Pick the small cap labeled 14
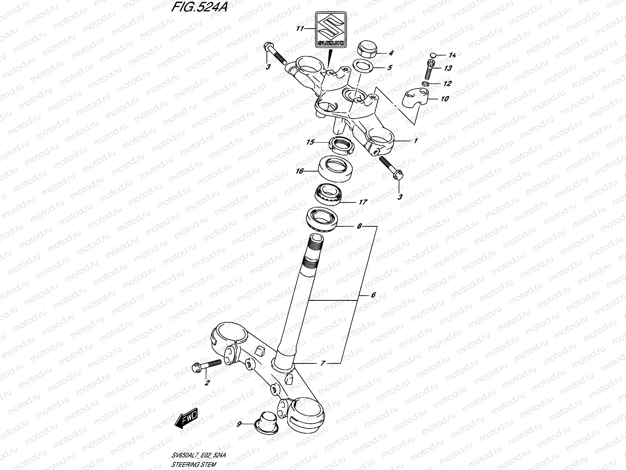pos(433,54)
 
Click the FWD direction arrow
pos(187,420)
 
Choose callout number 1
pos(416,140)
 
